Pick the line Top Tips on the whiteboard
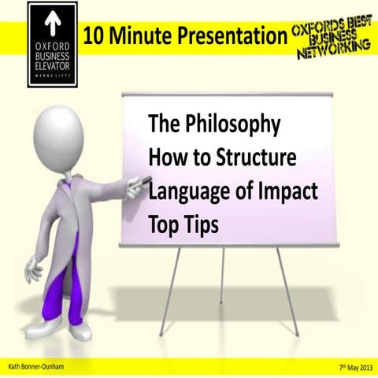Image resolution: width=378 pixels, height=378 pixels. point(183,224)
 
